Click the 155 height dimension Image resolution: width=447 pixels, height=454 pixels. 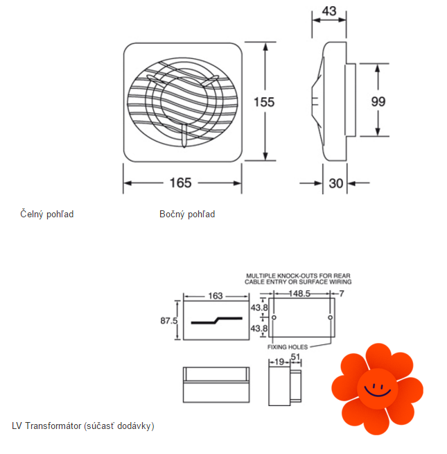coord(264,102)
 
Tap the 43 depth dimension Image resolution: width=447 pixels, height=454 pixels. coord(330,11)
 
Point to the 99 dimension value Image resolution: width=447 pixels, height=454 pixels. coord(378,101)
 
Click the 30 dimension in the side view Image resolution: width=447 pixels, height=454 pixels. coord(336,183)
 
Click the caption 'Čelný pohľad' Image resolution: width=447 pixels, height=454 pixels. coord(46,214)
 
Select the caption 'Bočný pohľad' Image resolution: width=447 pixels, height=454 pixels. coord(187,214)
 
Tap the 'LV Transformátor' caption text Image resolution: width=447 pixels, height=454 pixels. coord(83,426)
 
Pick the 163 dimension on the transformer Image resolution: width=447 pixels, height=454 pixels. coord(215,296)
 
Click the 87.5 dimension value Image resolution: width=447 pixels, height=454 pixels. coord(169,321)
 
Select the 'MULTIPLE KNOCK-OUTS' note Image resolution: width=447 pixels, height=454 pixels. coord(299,279)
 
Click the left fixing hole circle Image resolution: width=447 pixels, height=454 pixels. coord(274,318)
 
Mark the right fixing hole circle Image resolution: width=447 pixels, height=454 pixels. coord(330,318)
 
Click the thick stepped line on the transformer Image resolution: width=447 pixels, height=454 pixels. coord(217,321)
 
